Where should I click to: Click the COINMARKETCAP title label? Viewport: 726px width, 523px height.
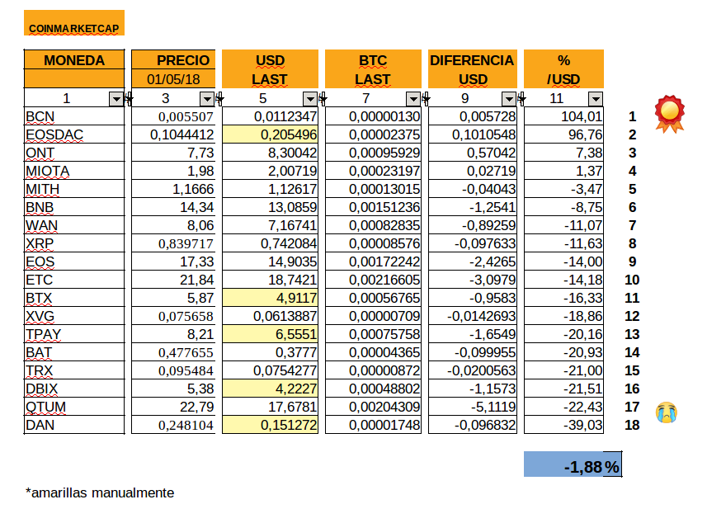click(73, 28)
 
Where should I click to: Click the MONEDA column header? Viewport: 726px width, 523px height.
click(74, 60)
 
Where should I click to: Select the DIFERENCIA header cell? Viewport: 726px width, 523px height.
click(473, 60)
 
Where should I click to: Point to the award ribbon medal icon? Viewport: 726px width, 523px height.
click(669, 113)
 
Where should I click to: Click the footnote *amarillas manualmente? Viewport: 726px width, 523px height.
click(100, 492)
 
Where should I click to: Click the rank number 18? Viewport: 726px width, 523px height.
click(633, 426)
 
